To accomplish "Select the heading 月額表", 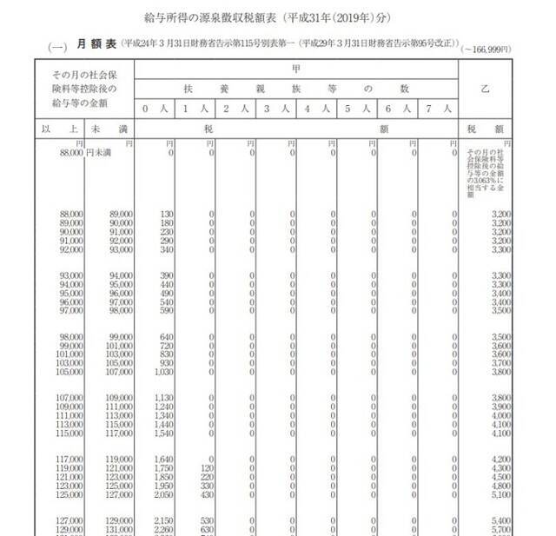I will tap(90, 43).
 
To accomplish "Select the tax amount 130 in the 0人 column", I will tap(167, 213).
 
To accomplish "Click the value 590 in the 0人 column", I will tap(167, 310).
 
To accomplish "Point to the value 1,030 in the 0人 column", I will tap(164, 371).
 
